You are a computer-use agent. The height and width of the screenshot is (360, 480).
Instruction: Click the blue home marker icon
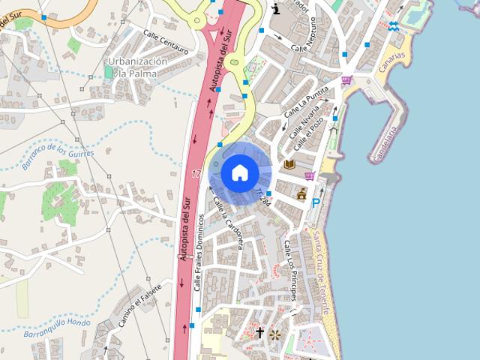[x=240, y=173]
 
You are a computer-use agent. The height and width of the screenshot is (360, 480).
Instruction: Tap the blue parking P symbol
[x=316, y=203]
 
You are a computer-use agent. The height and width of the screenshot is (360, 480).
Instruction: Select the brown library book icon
[x=290, y=164]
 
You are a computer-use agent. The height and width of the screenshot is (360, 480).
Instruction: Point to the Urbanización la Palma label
[x=136, y=67]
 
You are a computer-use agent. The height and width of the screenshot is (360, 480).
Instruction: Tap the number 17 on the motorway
[x=196, y=174]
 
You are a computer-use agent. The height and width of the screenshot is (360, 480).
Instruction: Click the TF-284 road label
[x=262, y=198]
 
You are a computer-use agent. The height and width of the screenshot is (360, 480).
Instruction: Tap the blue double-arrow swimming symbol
[x=394, y=26]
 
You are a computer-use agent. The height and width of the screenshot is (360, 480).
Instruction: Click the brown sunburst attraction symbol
[x=276, y=334]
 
